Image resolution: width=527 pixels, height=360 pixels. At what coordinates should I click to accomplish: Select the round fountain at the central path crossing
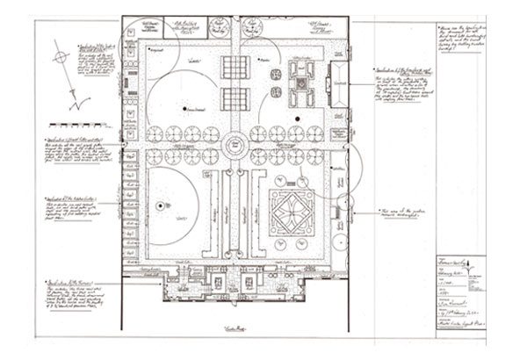[x=235, y=145]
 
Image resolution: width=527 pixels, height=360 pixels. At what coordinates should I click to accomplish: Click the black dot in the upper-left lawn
[x=185, y=108]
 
